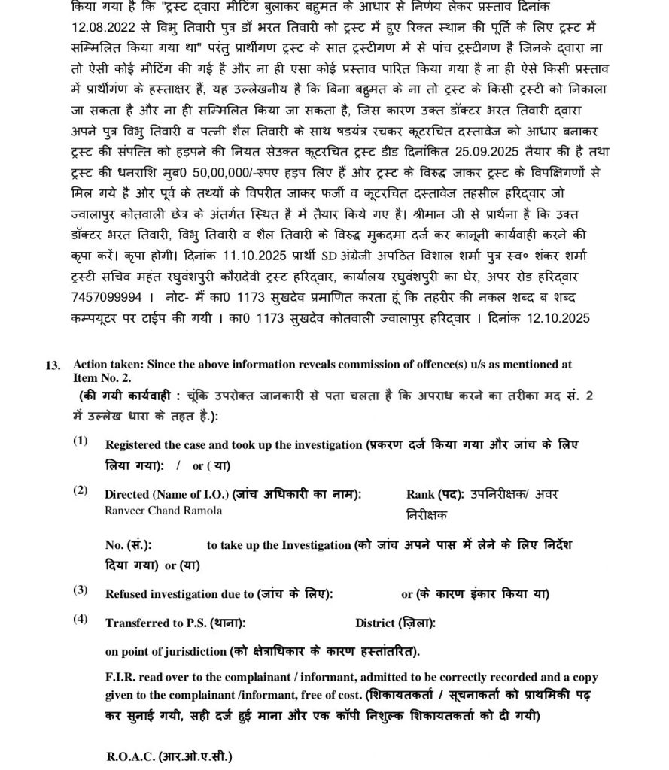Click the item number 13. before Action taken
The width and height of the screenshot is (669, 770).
click(x=53, y=365)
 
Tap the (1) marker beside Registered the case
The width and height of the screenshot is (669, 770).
click(x=80, y=441)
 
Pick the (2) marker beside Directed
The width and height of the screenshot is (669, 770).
click(x=80, y=490)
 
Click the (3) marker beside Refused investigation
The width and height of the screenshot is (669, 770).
click(x=80, y=589)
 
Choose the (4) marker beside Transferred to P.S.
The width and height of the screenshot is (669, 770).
click(x=80, y=619)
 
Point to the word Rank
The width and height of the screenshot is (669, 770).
click(x=421, y=495)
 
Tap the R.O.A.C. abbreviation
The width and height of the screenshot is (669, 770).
click(x=132, y=755)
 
